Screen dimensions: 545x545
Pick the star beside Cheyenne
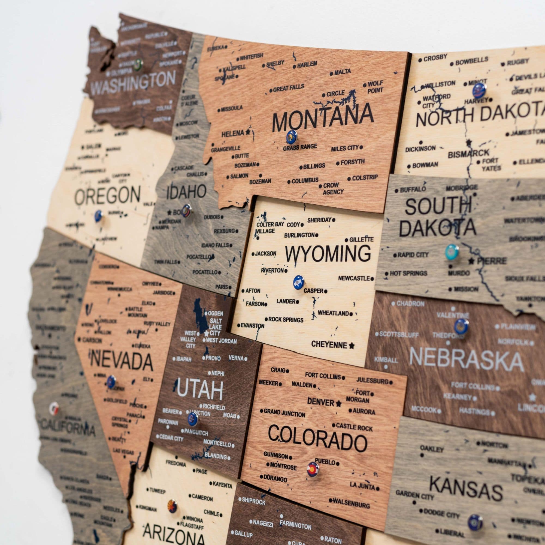coord(352,345)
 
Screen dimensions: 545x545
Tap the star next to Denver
coord(339,403)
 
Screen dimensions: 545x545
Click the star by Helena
coord(248,131)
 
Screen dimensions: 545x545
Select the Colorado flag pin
coord(313,470)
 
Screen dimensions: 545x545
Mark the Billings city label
coord(314,166)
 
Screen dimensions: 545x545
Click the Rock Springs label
coord(286,320)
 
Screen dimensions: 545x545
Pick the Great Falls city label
coord(288,88)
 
